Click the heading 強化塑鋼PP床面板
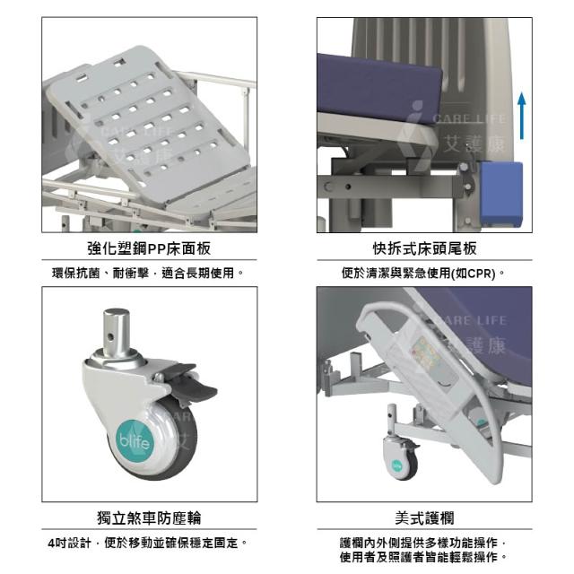(x=150, y=248)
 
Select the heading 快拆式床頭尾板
(x=424, y=248)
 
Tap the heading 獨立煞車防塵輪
(x=150, y=518)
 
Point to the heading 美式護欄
(x=424, y=518)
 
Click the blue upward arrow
(x=522, y=116)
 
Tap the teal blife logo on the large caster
(x=135, y=440)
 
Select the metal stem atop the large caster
(x=116, y=332)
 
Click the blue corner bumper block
(x=500, y=194)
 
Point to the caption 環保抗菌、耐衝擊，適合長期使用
(x=147, y=273)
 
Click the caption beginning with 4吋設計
(x=147, y=543)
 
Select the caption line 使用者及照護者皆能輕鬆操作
(x=423, y=557)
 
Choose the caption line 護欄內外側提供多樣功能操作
(x=423, y=542)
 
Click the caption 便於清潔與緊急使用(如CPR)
(x=423, y=273)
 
